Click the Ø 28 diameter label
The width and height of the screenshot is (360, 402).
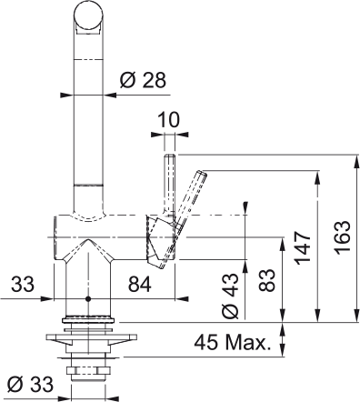(143, 81)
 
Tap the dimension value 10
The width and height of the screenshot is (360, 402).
(169, 120)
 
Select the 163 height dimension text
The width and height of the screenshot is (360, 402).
(343, 237)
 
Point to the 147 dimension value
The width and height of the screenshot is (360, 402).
(304, 247)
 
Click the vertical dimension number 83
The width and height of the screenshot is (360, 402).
(268, 280)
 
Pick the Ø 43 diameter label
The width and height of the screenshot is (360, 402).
(230, 296)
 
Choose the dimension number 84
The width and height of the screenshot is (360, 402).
(139, 285)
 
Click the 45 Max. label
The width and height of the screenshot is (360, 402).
(232, 343)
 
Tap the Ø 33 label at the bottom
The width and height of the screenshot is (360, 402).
(30, 385)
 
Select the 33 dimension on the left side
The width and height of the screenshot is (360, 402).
(23, 285)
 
